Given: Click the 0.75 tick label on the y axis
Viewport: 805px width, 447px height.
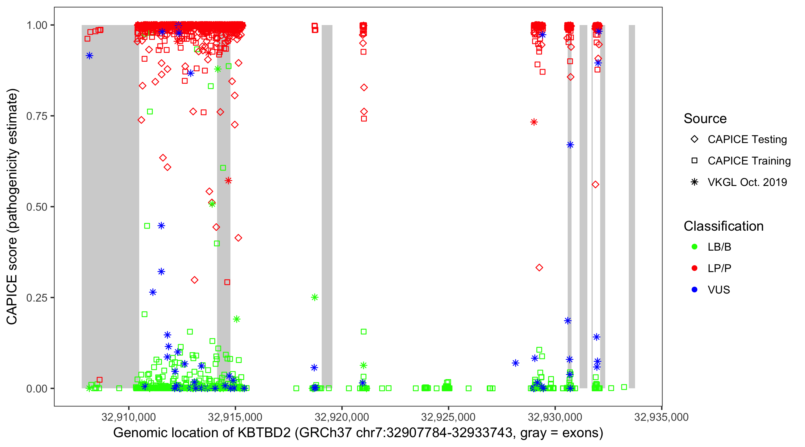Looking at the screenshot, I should [36, 116].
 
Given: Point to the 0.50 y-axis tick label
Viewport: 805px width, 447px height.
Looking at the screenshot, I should [36, 207].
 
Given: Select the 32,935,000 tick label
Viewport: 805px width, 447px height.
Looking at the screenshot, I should [661, 417].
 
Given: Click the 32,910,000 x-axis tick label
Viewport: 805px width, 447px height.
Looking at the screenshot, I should [129, 417].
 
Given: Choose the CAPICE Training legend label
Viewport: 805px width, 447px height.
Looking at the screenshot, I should [749, 161].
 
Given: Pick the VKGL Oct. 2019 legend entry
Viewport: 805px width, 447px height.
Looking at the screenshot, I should [747, 182].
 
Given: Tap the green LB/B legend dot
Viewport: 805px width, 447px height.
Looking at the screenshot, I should [695, 247].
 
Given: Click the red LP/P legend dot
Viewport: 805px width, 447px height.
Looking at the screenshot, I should [695, 268].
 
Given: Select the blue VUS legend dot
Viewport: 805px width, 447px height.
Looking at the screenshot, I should [695, 290].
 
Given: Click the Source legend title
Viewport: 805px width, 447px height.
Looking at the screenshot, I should [705, 119].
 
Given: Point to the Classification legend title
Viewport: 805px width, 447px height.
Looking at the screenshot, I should [723, 226].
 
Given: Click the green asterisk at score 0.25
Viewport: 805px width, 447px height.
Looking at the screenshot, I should [315, 297].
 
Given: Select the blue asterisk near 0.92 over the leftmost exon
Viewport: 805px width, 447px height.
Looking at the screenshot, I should [90, 56].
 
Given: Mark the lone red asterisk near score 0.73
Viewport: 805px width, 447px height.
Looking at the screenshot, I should [534, 122].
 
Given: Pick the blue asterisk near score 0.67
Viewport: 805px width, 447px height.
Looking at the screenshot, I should [570, 145].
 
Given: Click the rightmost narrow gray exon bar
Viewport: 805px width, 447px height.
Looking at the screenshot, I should [631, 206].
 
